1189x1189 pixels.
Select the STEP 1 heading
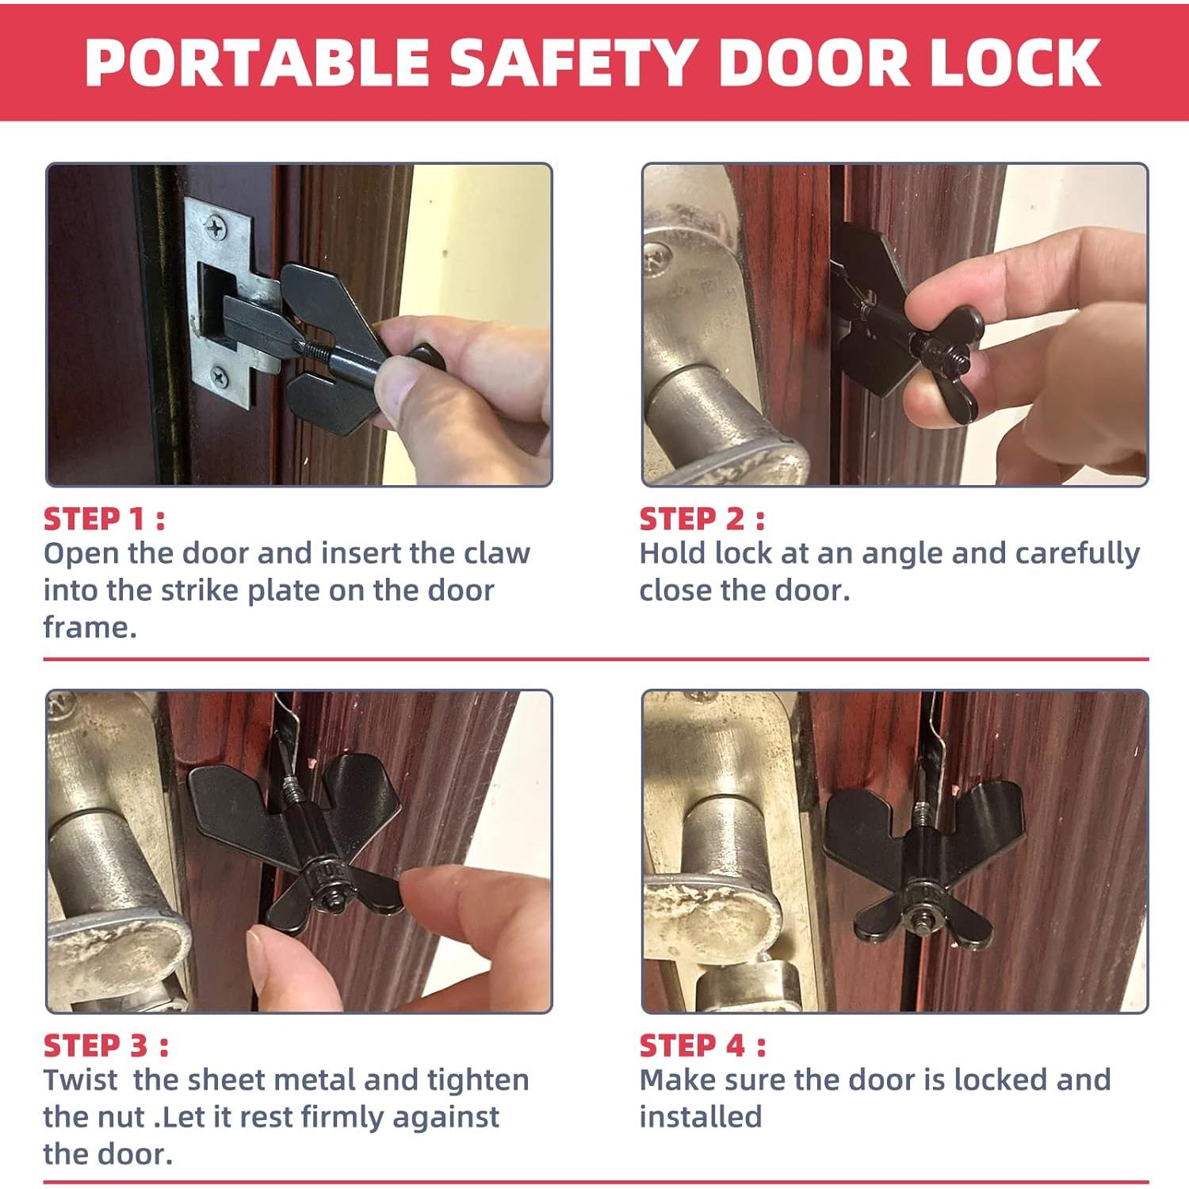[x=104, y=519]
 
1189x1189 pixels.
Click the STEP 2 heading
[x=702, y=519]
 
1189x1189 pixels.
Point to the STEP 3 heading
[x=105, y=1046]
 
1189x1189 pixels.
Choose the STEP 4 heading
[x=702, y=1046]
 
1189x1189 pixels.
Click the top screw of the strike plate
[x=216, y=228]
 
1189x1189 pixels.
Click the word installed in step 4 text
[x=700, y=1117]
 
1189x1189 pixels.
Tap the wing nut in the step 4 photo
[x=923, y=919]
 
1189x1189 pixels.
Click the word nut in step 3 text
[x=124, y=1117]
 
